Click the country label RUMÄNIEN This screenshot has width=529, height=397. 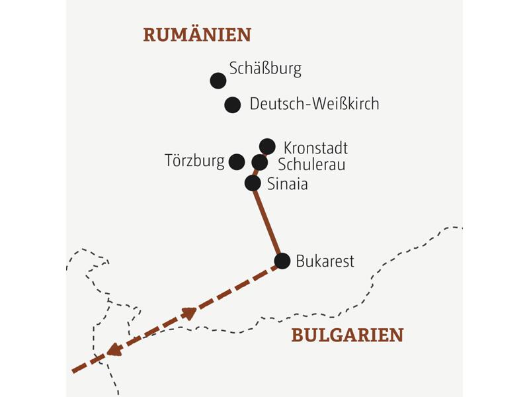click(197, 34)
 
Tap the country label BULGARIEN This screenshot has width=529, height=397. click(347, 335)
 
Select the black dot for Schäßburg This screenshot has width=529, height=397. click(218, 81)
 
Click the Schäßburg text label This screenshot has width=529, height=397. click(265, 68)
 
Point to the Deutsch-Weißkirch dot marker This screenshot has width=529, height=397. click(232, 105)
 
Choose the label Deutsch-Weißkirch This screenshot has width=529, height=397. click(314, 104)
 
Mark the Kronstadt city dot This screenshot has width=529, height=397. click(267, 146)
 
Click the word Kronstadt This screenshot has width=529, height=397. click(315, 148)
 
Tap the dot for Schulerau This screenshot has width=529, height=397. click(260, 162)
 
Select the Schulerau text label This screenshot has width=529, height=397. click(311, 165)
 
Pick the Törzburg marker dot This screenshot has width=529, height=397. click(237, 161)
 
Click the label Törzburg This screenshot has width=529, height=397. click(194, 161)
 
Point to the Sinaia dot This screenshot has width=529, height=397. click(253, 183)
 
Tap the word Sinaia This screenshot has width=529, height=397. click(287, 184)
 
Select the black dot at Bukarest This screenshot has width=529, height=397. click(282, 261)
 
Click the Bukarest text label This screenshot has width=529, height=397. click(325, 261)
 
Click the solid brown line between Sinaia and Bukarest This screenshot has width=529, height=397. click(268, 222)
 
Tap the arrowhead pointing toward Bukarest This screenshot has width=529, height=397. click(190, 312)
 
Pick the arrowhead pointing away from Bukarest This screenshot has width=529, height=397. click(114, 349)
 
